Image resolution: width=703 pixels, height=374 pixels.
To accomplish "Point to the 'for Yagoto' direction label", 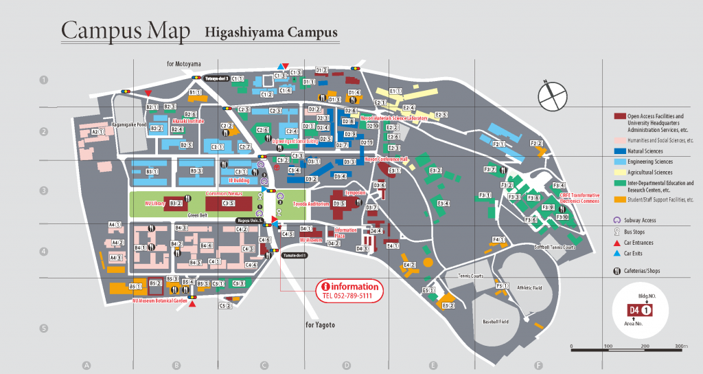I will (x=320, y=324).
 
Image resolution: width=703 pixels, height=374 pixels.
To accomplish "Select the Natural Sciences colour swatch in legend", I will (x=619, y=151).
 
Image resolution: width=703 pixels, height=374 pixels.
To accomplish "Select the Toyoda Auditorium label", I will (x=310, y=204).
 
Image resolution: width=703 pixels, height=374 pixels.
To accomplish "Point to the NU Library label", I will (x=155, y=204).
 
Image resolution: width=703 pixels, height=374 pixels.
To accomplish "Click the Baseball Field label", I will (x=495, y=322).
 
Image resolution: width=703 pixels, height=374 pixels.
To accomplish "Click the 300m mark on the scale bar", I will (x=680, y=346).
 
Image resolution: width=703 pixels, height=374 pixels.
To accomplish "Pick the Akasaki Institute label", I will (x=188, y=120).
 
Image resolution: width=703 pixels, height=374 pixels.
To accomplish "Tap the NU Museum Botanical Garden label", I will (x=160, y=300).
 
